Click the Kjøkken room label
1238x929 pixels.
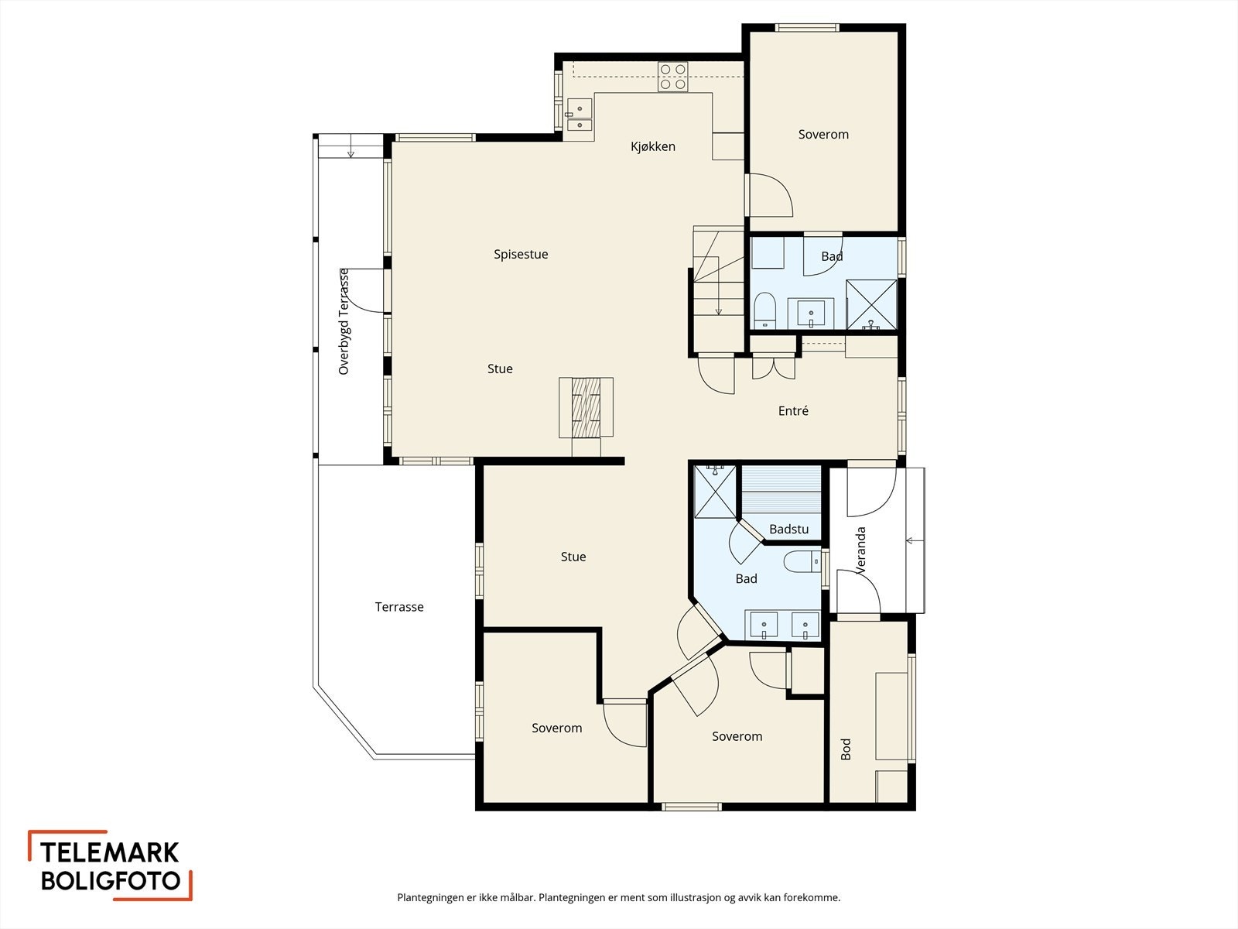tap(652, 146)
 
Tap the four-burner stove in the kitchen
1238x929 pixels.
tap(673, 77)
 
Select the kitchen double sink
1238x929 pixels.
tap(580, 115)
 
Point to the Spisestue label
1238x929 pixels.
tap(521, 255)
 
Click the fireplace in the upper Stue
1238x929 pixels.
tap(586, 407)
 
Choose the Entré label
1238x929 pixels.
tap(793, 410)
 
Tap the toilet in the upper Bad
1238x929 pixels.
tap(765, 310)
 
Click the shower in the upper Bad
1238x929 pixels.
tap(871, 304)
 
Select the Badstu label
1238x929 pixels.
tap(788, 529)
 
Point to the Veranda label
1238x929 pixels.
tap(860, 550)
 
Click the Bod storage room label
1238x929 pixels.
tap(846, 749)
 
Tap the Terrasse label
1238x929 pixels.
tap(399, 607)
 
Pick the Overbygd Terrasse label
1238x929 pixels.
tap(344, 321)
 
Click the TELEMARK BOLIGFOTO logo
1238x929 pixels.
tap(110, 866)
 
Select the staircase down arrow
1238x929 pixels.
tap(719, 286)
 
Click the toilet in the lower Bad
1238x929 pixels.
tap(802, 561)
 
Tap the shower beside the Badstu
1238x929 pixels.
tap(715, 492)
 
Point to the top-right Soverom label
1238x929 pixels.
tap(823, 134)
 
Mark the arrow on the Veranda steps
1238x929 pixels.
tap(915, 541)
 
